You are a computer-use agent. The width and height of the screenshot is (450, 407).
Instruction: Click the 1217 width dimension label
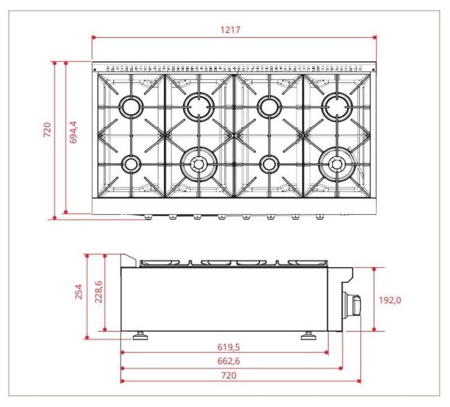click(230, 30)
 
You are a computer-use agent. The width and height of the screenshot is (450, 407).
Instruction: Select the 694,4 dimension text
click(74, 132)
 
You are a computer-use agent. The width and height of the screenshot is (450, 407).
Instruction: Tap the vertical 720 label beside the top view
click(47, 130)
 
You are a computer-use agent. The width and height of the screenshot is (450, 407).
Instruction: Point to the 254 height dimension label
click(79, 291)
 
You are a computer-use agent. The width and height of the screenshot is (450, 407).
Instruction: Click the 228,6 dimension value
click(98, 291)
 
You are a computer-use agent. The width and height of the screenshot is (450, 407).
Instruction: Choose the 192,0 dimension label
click(390, 300)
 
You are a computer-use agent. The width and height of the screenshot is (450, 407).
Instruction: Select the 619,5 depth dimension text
click(228, 347)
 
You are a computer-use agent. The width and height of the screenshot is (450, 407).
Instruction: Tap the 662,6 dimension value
click(228, 361)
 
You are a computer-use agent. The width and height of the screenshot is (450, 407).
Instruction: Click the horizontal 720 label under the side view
click(229, 375)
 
